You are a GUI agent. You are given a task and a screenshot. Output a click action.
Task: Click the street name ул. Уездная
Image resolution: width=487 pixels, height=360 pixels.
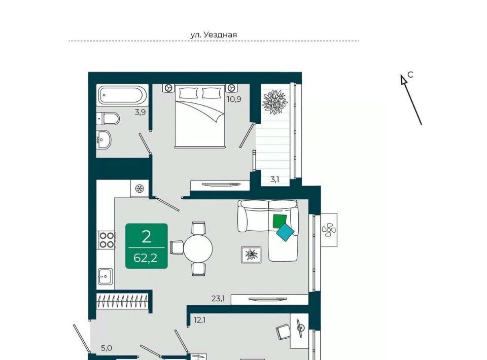pyautogui.click(x=214, y=35)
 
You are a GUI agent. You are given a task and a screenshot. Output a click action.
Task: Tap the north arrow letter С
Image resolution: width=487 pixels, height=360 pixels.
pyautogui.click(x=410, y=75)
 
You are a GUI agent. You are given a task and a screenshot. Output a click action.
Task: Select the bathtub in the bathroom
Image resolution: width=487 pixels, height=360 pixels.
pyautogui.click(x=121, y=95)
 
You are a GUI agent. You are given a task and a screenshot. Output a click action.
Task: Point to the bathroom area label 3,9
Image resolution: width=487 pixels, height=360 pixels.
pyautogui.click(x=140, y=113)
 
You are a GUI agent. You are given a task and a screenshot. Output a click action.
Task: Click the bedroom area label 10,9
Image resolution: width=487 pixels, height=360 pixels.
pyautogui.click(x=234, y=99)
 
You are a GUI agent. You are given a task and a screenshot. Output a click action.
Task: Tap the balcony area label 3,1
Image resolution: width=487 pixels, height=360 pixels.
pyautogui.click(x=274, y=179)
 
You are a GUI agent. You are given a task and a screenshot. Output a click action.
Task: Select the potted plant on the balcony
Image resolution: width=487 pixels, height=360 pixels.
pyautogui.click(x=274, y=102)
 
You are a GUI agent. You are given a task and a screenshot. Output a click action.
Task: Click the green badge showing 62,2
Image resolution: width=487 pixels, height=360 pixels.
pyautogui.click(x=147, y=246)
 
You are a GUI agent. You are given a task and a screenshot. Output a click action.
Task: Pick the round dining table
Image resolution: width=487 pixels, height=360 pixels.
pyautogui.click(x=198, y=248)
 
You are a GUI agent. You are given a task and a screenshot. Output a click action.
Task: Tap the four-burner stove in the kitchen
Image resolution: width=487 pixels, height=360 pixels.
pyautogui.click(x=107, y=240)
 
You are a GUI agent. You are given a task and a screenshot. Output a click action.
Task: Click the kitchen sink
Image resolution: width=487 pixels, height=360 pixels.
pyautogui.click(x=106, y=276)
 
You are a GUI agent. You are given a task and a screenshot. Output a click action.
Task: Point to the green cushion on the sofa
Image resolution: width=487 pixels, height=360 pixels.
pyautogui.click(x=280, y=221)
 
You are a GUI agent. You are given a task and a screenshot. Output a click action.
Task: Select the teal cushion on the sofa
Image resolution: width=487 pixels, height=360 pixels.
pyautogui.click(x=285, y=232)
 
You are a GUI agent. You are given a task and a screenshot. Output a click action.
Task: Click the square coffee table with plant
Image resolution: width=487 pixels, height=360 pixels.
pyautogui.click(x=251, y=255)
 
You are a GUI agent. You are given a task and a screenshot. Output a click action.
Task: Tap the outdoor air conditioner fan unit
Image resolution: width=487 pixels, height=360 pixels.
pyautogui.click(x=329, y=230)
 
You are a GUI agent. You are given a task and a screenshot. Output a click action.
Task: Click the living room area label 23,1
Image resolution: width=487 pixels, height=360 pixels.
pyautogui.click(x=218, y=299)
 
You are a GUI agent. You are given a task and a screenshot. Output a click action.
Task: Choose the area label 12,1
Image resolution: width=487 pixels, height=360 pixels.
pyautogui.click(x=200, y=320)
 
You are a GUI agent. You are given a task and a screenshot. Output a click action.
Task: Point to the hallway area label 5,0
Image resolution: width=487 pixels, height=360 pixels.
pyautogui.click(x=106, y=348)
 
